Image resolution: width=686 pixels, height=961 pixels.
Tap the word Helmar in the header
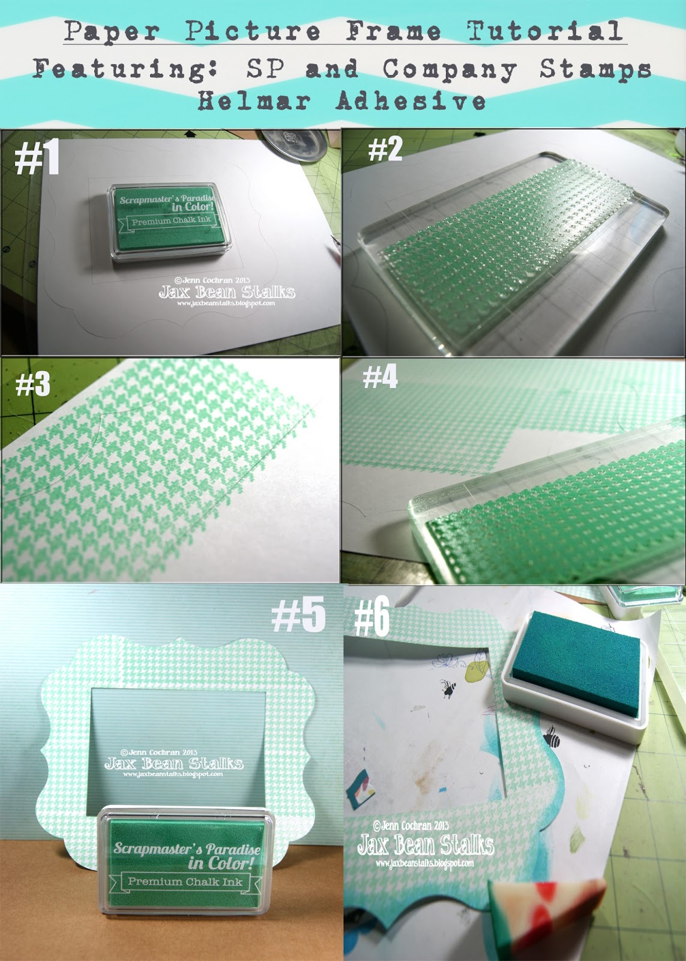pyautogui.click(x=254, y=101)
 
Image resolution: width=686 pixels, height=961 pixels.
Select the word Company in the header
pyautogui.click(x=450, y=69)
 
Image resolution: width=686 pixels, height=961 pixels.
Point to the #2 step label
pyautogui.click(x=385, y=148)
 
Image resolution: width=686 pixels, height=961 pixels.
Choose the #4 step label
pyautogui.click(x=380, y=378)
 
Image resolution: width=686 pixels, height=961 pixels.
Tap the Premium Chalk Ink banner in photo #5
pyautogui.click(x=185, y=882)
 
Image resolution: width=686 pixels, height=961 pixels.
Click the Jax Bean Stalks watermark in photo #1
pyautogui.click(x=227, y=293)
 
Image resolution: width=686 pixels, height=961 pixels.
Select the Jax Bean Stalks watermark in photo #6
pyautogui.click(x=425, y=845)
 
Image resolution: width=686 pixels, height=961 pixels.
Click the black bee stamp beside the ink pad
pyautogui.click(x=550, y=738)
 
